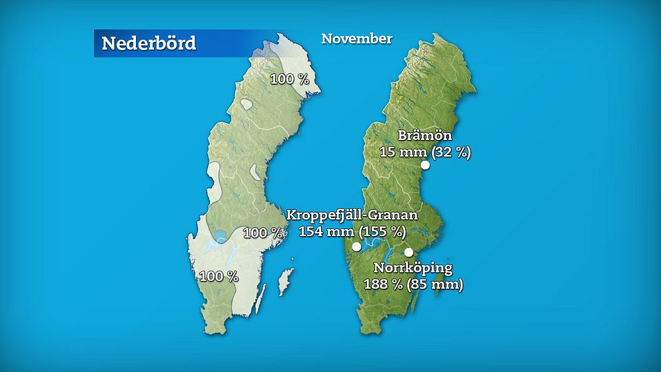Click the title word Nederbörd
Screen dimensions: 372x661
149,44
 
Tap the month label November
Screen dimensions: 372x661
356,39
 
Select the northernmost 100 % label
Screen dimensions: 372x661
289,79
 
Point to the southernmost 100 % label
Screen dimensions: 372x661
219,276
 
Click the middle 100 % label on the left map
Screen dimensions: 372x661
263,233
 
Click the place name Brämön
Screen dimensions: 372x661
424,136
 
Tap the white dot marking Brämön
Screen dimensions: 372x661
425,165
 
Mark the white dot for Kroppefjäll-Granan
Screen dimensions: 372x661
356,247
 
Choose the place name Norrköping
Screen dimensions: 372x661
412,269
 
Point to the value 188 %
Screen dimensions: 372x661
385,285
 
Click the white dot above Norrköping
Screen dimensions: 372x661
409,252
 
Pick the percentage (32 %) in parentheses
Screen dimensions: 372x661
451,152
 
